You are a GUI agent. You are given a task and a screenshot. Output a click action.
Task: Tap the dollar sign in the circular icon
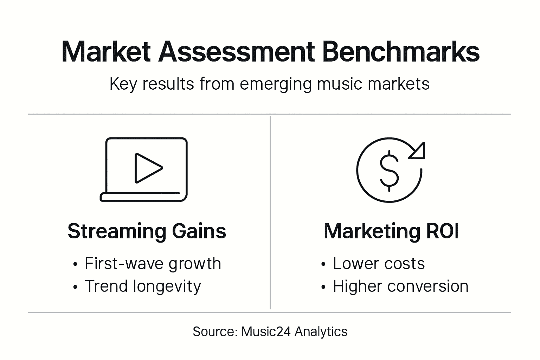[389, 171]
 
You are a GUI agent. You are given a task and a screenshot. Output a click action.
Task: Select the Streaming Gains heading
[147, 231]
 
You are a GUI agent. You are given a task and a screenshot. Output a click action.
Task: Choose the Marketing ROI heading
[391, 231]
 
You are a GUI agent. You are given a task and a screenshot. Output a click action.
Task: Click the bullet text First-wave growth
[153, 264]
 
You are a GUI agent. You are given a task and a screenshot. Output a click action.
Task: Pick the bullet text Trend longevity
[143, 286]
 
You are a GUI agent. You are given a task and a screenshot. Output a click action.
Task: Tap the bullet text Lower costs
[379, 264]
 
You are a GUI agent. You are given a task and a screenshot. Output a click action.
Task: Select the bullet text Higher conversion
[400, 286]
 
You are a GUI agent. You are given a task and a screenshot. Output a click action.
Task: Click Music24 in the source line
[265, 332]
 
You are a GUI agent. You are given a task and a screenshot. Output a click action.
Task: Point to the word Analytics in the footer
[321, 332]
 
